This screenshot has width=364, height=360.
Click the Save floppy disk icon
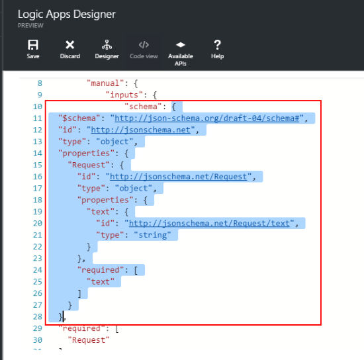(33, 44)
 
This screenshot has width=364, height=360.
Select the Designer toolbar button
(107, 49)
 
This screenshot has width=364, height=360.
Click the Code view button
(144, 49)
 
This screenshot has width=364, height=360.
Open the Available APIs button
(181, 54)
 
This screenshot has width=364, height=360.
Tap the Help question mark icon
(217, 44)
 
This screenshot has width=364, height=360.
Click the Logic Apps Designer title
(67, 15)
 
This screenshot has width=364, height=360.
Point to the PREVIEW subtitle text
(30, 26)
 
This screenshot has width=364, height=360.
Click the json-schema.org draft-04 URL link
(207, 118)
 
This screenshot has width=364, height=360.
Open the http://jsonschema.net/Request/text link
(209, 223)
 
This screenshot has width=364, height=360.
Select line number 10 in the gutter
(38, 107)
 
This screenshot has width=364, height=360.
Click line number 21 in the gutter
(38, 235)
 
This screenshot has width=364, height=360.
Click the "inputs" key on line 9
(124, 95)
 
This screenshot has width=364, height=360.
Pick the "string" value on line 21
(152, 235)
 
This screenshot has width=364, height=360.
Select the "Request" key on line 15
(89, 165)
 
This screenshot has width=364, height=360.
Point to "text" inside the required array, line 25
(101, 281)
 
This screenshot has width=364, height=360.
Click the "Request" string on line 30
(89, 340)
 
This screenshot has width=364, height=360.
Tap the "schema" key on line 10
(143, 107)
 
